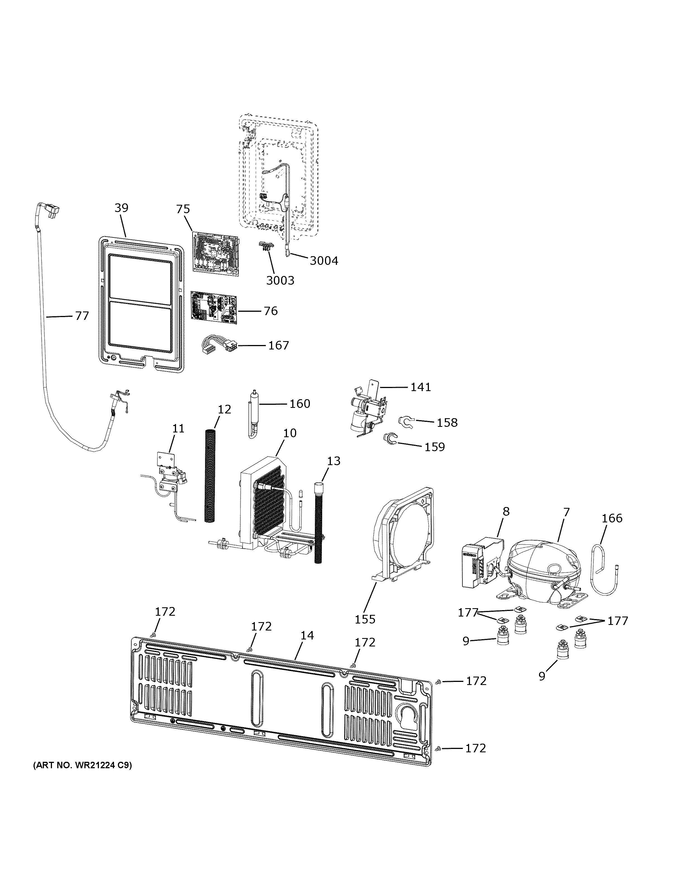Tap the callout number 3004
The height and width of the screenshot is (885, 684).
pos(324,261)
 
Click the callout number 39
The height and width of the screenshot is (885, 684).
pos(121,208)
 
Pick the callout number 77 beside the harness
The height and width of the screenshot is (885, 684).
pos(82,316)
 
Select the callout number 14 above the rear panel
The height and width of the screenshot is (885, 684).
pos(307,635)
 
